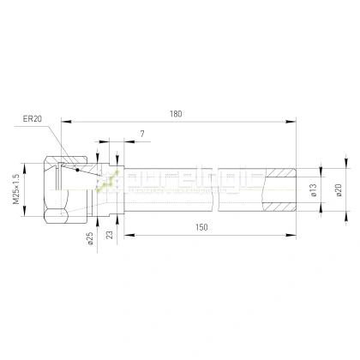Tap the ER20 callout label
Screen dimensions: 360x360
(x=33, y=120)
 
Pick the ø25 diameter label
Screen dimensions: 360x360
(x=89, y=236)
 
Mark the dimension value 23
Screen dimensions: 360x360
(x=110, y=233)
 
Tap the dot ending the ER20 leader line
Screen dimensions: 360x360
(x=78, y=170)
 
